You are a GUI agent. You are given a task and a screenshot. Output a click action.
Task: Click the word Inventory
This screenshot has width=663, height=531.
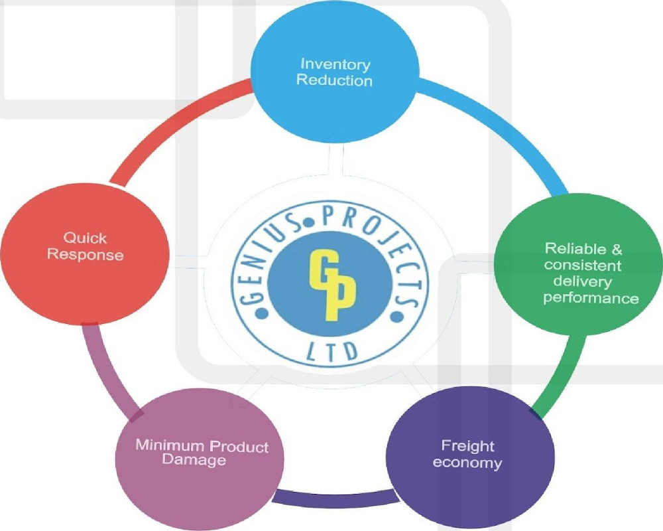[x=335, y=64]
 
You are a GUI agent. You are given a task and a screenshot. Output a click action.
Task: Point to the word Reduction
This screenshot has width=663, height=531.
[x=334, y=80]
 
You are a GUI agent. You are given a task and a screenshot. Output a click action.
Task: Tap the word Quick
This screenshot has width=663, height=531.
[x=85, y=238]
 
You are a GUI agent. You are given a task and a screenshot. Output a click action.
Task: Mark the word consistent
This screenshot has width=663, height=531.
[x=583, y=265]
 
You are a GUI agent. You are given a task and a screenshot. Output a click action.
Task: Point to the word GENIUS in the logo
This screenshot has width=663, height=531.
[x=266, y=256]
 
